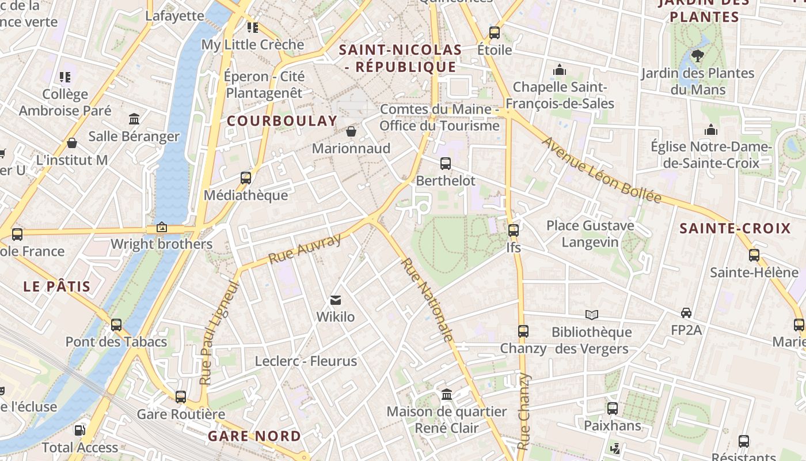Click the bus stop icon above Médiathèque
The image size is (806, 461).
click(246, 178)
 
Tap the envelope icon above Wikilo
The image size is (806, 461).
click(336, 300)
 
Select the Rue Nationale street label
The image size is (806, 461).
click(427, 300)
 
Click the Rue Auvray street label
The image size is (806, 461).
click(305, 249)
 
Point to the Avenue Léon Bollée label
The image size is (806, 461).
click(602, 170)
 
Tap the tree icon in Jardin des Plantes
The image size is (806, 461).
click(698, 55)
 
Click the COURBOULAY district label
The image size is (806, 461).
click(282, 121)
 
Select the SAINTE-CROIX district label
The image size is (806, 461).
click(735, 229)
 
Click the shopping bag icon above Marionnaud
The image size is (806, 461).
click(351, 131)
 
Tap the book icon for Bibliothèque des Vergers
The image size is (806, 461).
click(592, 315)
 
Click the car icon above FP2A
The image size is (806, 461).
click(686, 313)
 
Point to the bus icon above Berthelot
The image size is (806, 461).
click(445, 164)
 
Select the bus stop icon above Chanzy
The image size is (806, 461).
click(523, 331)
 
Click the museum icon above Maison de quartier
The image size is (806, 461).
click(447, 395)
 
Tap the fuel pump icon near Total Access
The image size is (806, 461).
click(79, 430)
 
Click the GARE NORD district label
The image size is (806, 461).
click(254, 436)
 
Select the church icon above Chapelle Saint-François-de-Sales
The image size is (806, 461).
click(560, 70)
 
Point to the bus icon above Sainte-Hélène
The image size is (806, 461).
click(754, 255)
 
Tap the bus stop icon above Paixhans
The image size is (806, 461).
click(613, 409)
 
